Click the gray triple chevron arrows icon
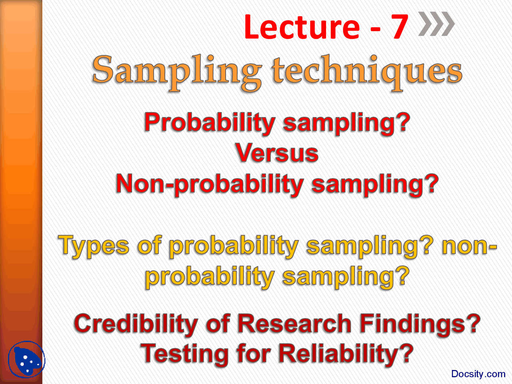click(x=436, y=24)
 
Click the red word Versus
click(x=277, y=153)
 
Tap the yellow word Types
click(x=94, y=246)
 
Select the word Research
click(x=294, y=324)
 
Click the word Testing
click(x=184, y=355)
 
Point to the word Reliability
click(x=339, y=355)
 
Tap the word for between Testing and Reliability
click(x=254, y=354)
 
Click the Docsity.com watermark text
click(x=478, y=374)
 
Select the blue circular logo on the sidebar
click(x=26, y=359)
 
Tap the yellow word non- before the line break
click(x=469, y=246)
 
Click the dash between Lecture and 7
click(x=375, y=29)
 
